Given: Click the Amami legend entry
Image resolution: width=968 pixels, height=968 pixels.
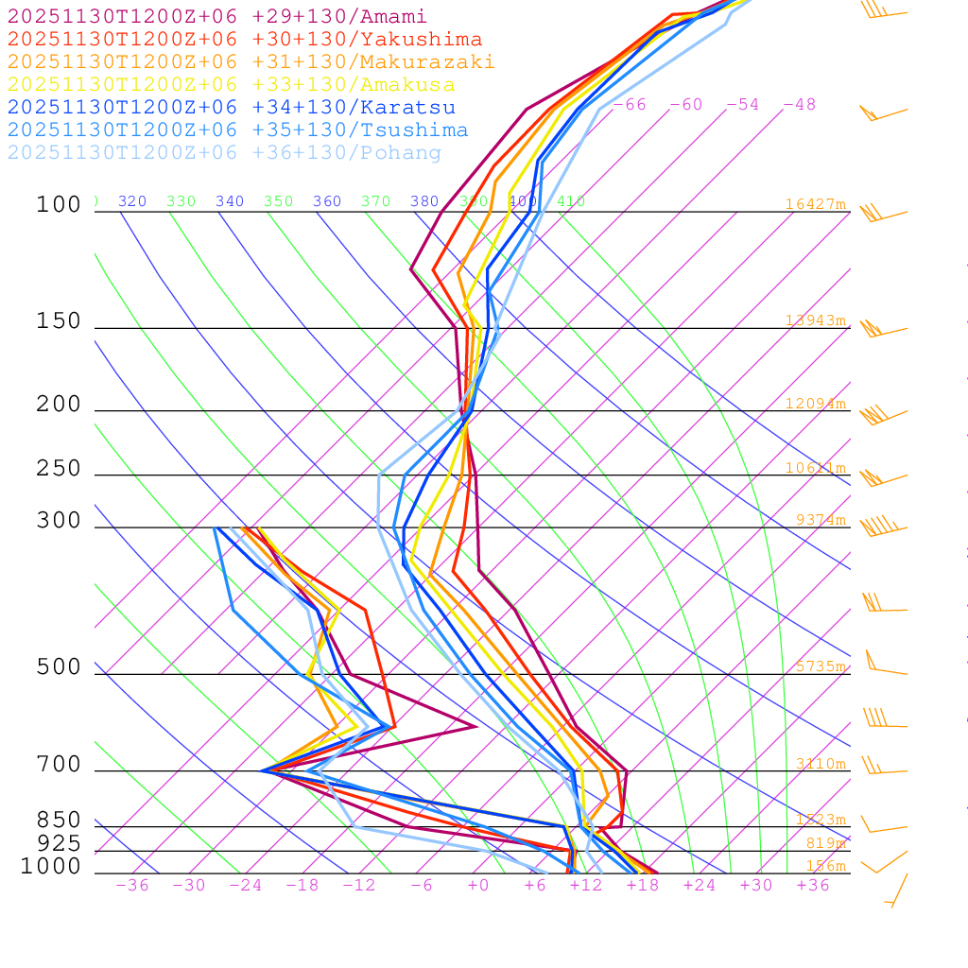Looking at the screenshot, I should point(217,17).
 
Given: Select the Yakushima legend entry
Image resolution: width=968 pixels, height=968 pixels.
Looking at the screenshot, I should point(245,40).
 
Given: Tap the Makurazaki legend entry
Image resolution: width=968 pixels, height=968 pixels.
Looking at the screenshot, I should point(251,62).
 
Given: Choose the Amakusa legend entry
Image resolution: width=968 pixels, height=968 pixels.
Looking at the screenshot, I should point(232,85).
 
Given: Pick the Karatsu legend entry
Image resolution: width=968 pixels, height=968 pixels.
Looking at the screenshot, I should point(232,108).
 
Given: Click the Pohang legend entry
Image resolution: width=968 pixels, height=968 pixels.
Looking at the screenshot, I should point(224,153).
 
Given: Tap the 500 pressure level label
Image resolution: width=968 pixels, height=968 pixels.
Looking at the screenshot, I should point(60,667).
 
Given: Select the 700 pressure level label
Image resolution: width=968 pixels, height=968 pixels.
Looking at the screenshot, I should point(60,765).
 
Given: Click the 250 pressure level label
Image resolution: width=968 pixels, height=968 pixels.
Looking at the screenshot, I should point(60,469).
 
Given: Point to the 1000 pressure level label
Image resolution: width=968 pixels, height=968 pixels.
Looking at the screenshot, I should point(51,866).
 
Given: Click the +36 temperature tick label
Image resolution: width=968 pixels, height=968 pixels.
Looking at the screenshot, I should point(813,885).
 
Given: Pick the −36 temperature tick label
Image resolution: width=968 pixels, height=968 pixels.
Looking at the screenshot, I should point(132,885).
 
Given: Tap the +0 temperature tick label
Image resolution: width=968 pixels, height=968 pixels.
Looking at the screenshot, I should point(478,885).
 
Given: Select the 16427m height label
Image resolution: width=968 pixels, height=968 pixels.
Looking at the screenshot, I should point(816,204).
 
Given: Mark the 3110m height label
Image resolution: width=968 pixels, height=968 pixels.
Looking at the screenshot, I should point(821,764).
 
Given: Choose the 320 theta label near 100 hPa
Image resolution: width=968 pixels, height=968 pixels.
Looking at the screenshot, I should point(132,201).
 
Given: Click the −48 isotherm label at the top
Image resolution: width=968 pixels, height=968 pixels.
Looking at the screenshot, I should point(799,104).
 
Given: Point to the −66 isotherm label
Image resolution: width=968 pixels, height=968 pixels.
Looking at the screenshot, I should point(630,104).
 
